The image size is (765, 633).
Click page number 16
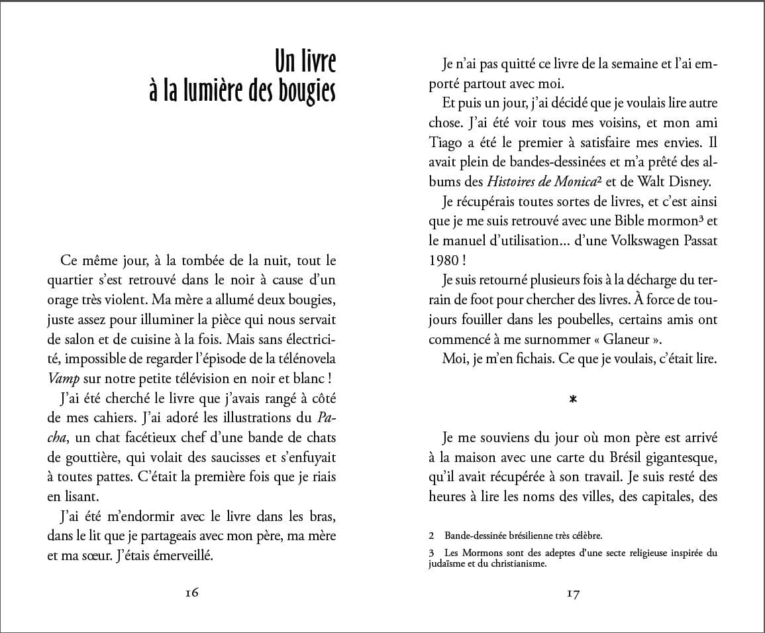191,593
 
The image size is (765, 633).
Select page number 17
573,594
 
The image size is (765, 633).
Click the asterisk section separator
573,399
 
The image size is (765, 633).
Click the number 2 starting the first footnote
431,536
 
